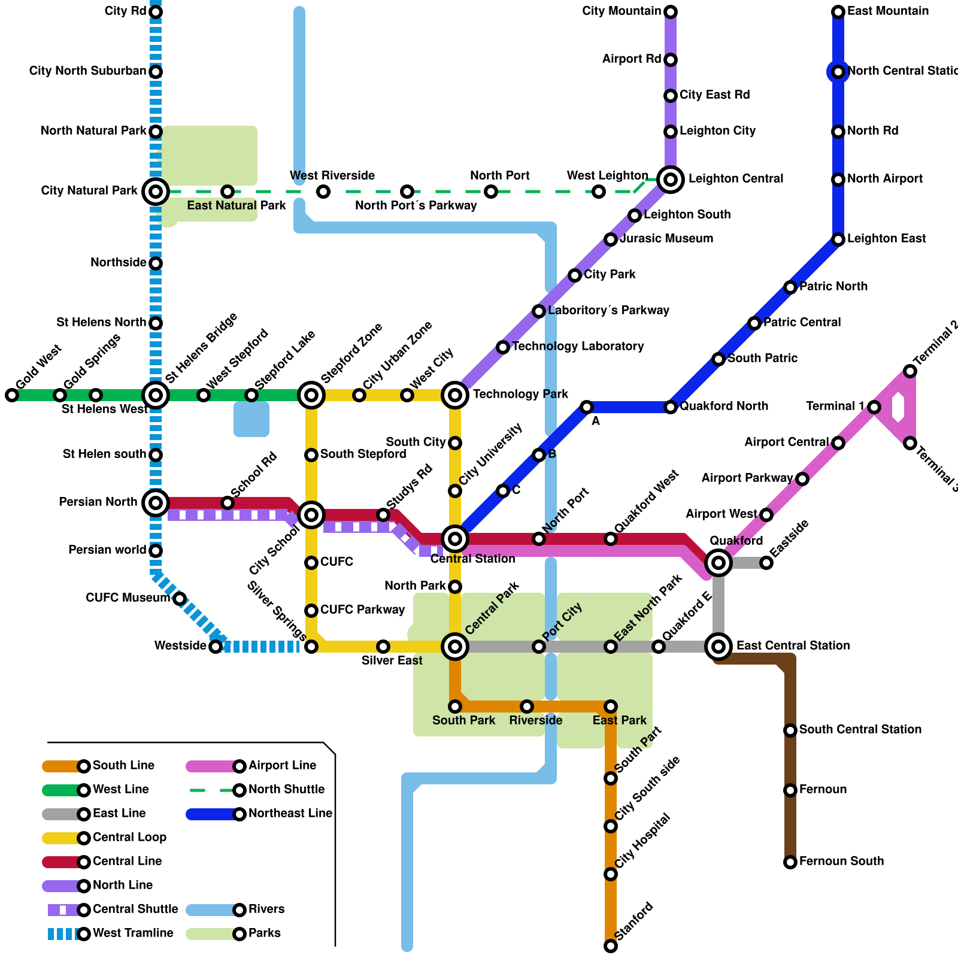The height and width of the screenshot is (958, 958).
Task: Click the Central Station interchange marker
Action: [455, 539]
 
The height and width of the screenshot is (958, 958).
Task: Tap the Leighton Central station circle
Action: [671, 179]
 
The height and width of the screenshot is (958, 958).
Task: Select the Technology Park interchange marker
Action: [455, 395]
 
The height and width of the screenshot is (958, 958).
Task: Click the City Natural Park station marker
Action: [156, 192]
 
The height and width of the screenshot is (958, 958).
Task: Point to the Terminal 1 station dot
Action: [874, 407]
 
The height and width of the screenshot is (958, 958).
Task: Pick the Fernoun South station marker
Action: [790, 862]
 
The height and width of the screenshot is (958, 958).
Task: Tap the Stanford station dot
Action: [611, 946]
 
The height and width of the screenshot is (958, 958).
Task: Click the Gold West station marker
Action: [12, 395]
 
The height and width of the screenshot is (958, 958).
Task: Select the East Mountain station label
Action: [888, 11]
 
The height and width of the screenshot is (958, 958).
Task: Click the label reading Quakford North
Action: [724, 407]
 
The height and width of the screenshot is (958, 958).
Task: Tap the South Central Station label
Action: [860, 730]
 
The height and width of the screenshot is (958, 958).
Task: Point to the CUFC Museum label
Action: [128, 598]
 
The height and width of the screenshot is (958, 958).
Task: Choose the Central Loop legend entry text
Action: [129, 838]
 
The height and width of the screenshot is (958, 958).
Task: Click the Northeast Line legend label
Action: [290, 814]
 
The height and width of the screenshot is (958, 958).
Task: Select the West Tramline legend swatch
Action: [63, 934]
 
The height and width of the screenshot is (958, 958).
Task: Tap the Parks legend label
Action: [265, 933]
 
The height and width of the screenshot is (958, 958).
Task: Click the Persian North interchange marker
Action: [156, 503]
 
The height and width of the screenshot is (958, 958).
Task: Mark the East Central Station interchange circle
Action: [718, 647]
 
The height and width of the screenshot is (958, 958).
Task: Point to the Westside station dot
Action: [216, 647]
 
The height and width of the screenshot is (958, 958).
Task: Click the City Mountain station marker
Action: [671, 12]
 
